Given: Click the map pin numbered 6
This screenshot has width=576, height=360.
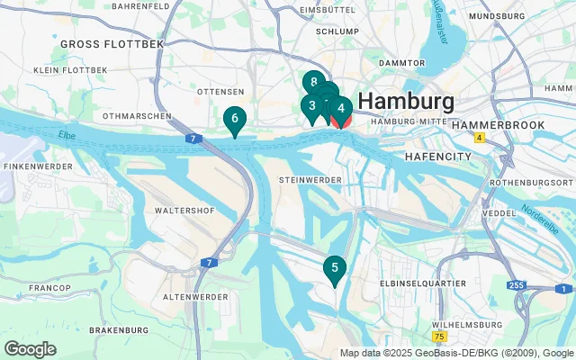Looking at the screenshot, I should [234, 119].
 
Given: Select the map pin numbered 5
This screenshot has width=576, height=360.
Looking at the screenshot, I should [335, 267].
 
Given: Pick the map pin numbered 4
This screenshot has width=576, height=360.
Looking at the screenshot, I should [341, 109].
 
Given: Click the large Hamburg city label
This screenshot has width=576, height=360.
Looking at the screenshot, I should [406, 100].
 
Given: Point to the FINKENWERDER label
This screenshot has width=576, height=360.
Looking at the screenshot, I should [31, 166].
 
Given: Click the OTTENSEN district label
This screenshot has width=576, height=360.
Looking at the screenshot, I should [221, 92].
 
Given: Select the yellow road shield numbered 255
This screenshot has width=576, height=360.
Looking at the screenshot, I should [516, 285].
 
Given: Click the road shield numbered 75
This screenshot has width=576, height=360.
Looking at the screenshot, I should [438, 336].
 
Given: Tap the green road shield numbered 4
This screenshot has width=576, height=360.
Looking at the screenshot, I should [480, 138].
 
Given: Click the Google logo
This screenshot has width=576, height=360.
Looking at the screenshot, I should [30, 349].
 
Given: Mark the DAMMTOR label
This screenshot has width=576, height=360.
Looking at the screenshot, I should [402, 63].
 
